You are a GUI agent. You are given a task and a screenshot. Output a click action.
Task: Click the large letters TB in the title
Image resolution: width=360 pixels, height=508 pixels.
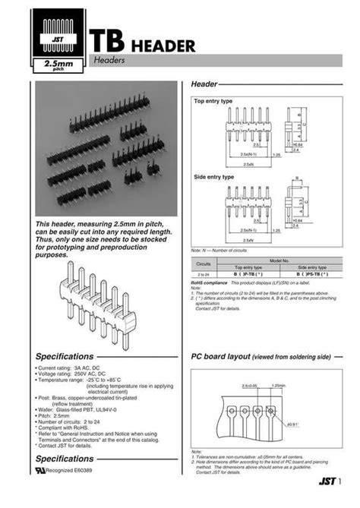point(107,43)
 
